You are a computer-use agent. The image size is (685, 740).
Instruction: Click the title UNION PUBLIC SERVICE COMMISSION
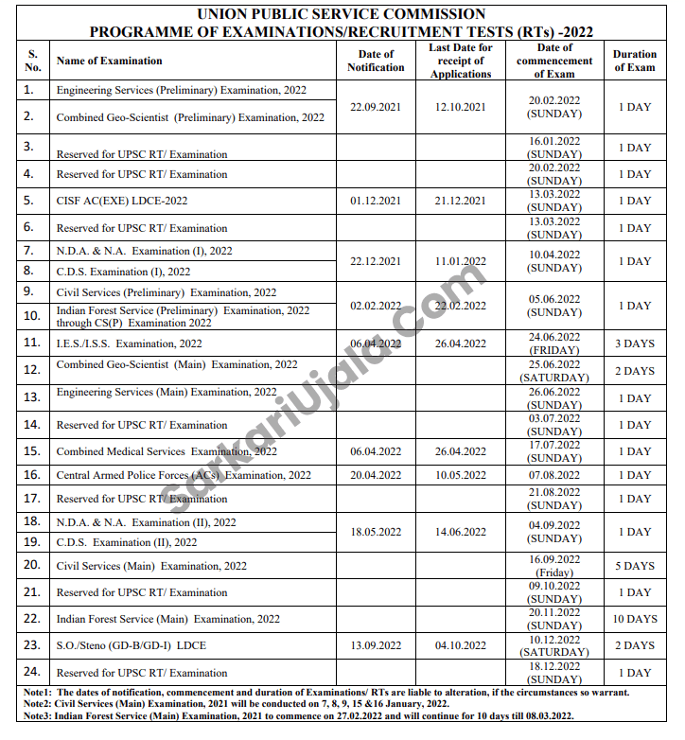click(342, 14)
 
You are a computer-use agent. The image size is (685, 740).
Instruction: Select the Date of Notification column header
click(376, 61)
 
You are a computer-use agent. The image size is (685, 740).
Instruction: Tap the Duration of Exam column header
click(634, 61)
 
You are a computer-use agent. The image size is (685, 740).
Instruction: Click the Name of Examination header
click(109, 61)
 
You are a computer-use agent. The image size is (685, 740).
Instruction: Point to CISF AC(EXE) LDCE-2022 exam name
click(122, 201)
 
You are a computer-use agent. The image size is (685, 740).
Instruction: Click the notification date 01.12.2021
click(376, 201)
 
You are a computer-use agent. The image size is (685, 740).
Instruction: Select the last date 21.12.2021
click(461, 201)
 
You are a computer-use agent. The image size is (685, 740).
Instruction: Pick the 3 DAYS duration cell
click(634, 344)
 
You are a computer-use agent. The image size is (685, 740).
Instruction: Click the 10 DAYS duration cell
click(634, 619)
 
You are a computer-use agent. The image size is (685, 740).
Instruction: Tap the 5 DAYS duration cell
click(634, 566)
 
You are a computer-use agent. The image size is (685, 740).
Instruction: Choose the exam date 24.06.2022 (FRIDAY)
click(554, 344)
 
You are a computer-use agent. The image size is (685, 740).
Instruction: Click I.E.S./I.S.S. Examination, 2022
click(129, 344)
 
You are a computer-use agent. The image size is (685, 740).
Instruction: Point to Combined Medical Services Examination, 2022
click(167, 451)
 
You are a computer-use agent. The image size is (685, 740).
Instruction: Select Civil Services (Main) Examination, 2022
click(151, 566)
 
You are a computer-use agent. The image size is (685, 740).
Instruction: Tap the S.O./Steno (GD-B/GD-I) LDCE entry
click(131, 645)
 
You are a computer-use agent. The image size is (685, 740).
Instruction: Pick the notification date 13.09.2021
click(376, 645)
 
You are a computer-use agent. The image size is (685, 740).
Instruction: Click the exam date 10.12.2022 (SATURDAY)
click(554, 645)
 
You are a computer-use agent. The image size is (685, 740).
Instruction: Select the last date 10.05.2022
click(461, 475)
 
